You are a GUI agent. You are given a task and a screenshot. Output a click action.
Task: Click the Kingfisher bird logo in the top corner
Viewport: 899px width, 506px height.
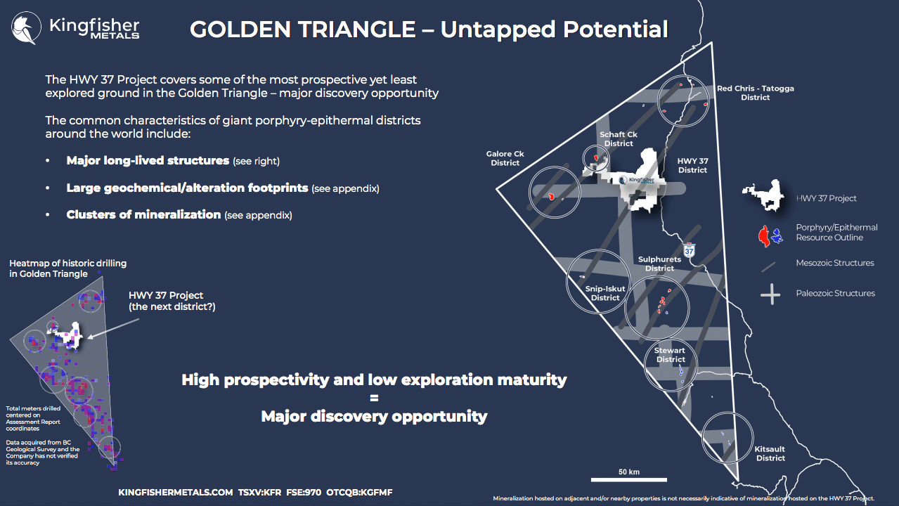pyautogui.click(x=26, y=27)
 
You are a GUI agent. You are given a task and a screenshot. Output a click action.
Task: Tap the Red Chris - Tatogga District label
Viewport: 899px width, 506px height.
pyautogui.click(x=756, y=93)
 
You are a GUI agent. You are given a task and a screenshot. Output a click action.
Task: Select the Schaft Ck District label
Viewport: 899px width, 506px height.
pyautogui.click(x=619, y=139)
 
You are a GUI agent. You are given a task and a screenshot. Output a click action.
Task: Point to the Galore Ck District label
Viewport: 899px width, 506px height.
pyautogui.click(x=505, y=158)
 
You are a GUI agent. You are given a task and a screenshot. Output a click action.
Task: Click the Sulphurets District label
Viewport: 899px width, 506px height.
pyautogui.click(x=659, y=264)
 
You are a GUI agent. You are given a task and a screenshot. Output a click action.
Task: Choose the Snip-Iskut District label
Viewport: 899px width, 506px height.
pyautogui.click(x=604, y=293)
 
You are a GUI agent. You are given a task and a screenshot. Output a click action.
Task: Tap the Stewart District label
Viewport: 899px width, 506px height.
pyautogui.click(x=670, y=355)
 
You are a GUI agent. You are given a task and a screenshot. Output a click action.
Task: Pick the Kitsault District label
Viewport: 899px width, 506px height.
pyautogui.click(x=770, y=453)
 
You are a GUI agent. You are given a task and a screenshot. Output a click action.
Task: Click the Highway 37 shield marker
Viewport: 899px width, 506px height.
pyautogui.click(x=689, y=250)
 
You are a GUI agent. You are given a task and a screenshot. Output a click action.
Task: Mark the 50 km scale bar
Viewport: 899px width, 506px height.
pyautogui.click(x=629, y=479)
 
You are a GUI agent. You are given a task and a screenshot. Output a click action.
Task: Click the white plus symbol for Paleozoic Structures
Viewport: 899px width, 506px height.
pyautogui.click(x=770, y=294)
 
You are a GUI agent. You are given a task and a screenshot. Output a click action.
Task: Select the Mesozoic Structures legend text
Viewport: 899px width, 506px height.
pyautogui.click(x=835, y=263)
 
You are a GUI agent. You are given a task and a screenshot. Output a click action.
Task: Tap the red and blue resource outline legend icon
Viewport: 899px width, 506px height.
pyautogui.click(x=770, y=236)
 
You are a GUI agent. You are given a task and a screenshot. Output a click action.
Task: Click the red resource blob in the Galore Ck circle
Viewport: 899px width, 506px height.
pyautogui.click(x=552, y=196)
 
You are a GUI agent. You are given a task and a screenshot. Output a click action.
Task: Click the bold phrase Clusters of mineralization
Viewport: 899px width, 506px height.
pyautogui.click(x=143, y=214)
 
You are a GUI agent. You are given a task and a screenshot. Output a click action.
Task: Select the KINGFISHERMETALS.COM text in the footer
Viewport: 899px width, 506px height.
pyautogui.click(x=176, y=493)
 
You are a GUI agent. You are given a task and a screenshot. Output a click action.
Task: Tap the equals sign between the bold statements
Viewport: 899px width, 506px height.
pyautogui.click(x=374, y=398)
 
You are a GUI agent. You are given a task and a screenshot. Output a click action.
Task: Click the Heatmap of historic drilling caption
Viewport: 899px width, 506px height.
pyautogui.click(x=67, y=268)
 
